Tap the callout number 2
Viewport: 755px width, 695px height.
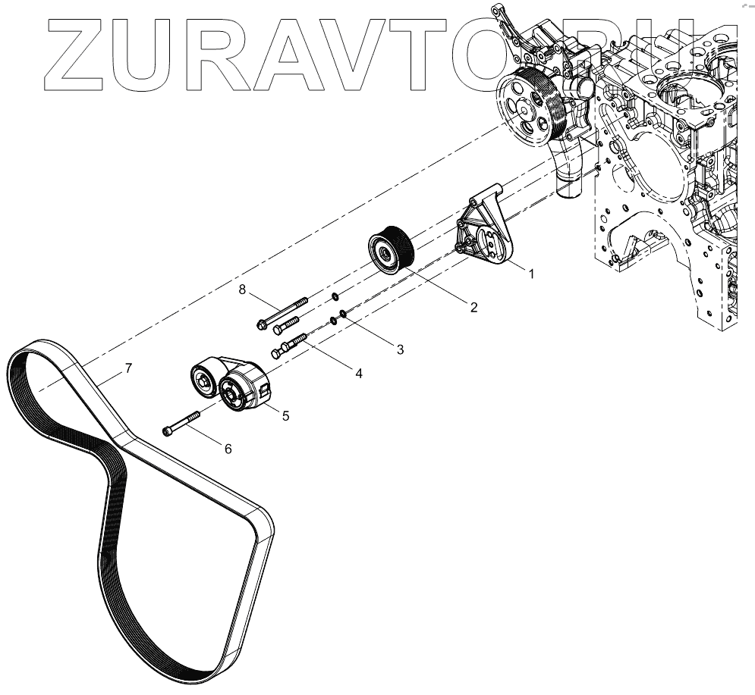(x=473, y=307)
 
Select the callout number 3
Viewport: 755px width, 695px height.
(x=400, y=349)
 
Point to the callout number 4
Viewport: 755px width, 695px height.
(x=359, y=374)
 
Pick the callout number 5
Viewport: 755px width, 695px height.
(x=285, y=415)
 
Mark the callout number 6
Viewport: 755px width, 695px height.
(x=227, y=448)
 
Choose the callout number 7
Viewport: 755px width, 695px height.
(x=128, y=369)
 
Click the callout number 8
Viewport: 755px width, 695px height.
(x=242, y=290)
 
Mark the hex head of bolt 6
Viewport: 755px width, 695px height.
(x=168, y=431)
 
